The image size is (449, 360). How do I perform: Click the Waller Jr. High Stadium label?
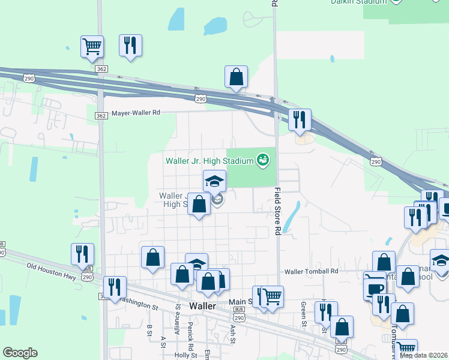click(209, 161)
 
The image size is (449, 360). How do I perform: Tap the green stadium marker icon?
click(262, 160)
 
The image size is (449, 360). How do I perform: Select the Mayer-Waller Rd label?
click(136, 112)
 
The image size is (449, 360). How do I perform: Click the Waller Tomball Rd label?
click(312, 271)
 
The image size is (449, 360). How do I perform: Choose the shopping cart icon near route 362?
click(92, 46)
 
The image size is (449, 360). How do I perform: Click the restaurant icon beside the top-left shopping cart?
click(130, 46)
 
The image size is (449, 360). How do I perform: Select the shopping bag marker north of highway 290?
click(237, 77)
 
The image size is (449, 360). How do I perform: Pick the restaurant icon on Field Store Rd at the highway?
click(299, 119)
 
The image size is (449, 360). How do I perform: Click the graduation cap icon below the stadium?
click(214, 181)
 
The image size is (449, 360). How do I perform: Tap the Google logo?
click(20, 353)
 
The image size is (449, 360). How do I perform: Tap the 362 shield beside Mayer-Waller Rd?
click(101, 115)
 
